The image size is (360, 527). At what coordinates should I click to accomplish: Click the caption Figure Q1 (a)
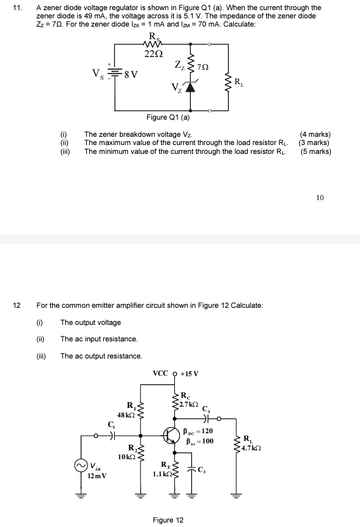167,117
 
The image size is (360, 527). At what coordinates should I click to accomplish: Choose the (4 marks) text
315,134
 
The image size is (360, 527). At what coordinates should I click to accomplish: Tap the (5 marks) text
315,151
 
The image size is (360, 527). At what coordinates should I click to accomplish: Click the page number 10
319,198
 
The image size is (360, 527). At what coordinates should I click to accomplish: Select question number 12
17,305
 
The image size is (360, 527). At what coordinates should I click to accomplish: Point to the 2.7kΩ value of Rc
190,404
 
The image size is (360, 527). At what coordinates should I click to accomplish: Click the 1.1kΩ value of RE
162,473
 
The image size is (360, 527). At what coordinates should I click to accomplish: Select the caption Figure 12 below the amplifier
168,520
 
